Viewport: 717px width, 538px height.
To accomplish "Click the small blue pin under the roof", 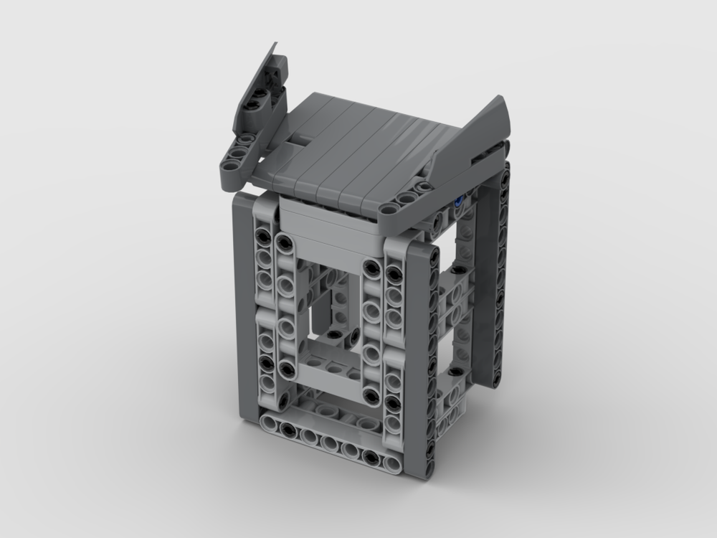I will [x=458, y=203].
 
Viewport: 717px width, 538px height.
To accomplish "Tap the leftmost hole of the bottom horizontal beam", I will [x=270, y=423].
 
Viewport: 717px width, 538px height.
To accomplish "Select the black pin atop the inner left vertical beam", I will [x=283, y=242].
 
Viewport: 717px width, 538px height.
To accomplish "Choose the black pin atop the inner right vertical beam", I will [x=371, y=268].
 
